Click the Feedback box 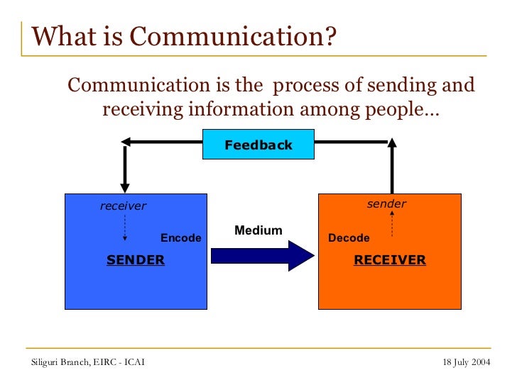coord(258,145)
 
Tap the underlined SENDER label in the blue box coord(136,260)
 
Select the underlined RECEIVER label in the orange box coord(390,260)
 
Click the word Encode coord(181,238)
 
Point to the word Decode coord(349,238)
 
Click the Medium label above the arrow coord(258,230)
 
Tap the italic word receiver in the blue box coord(123,206)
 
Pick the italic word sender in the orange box coord(386,204)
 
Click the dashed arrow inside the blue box coord(125,228)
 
